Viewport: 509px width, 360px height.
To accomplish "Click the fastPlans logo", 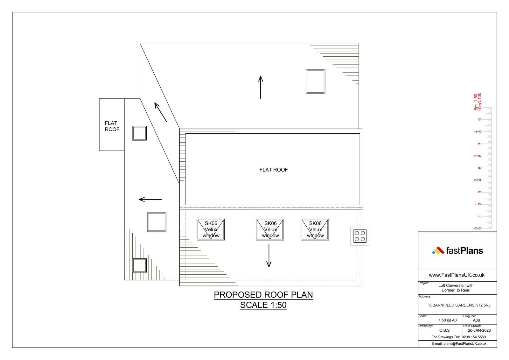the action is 457,251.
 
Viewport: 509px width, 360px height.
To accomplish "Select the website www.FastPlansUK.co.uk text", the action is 457,275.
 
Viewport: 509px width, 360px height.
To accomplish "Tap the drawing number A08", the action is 476,321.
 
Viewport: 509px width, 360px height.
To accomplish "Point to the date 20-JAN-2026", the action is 479,330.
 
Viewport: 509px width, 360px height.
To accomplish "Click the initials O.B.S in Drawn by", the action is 444,330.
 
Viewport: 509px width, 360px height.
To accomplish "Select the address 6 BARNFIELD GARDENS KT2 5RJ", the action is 460,305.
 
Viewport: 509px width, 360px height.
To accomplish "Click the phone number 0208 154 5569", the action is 474,337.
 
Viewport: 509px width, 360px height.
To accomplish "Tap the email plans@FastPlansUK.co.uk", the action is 465,344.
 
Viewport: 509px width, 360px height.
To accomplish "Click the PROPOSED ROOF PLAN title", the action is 263,295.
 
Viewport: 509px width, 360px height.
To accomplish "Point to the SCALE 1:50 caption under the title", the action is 263,305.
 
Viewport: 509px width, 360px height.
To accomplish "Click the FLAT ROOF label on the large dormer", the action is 274,170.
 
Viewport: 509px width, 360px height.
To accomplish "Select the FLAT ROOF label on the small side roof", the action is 112,126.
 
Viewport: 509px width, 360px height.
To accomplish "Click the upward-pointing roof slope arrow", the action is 261,87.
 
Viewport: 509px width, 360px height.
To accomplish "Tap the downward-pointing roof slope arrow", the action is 269,256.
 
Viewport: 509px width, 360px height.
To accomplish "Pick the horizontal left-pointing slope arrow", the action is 150,200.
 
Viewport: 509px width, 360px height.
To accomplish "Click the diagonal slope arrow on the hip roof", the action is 161,112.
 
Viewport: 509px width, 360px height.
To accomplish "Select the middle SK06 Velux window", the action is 270,229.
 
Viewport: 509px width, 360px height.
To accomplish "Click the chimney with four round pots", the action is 360,236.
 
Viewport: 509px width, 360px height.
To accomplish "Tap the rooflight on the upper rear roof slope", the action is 315,81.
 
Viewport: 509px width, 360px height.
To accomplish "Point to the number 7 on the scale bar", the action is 480,144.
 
